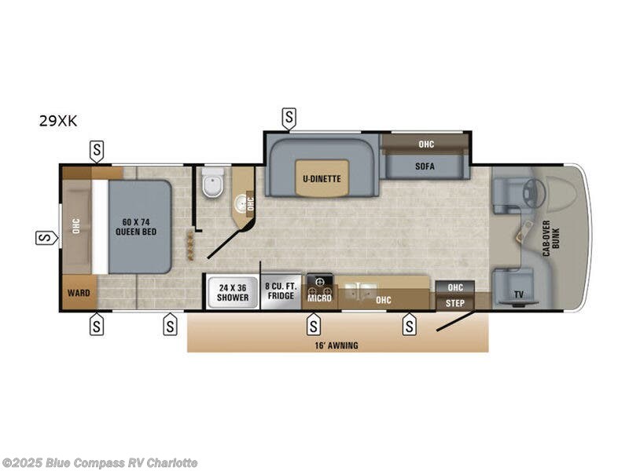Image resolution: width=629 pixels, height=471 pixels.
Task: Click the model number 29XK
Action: (58, 121)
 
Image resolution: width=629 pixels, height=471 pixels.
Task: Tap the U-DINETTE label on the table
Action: (322, 178)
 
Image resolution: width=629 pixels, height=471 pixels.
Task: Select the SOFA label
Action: (425, 166)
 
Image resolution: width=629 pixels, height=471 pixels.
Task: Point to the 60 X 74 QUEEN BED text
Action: (138, 227)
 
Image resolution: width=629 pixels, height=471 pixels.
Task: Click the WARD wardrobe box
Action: (79, 293)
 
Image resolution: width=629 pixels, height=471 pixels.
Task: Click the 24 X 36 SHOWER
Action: (233, 293)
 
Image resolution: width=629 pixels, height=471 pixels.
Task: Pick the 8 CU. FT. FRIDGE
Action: (280, 291)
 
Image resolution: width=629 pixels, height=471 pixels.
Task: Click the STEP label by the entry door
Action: (454, 302)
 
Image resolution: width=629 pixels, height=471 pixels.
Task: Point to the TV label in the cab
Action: (518, 295)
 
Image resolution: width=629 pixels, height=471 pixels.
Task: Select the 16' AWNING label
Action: (337, 345)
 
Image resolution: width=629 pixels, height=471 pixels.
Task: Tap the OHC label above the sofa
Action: (425, 144)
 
